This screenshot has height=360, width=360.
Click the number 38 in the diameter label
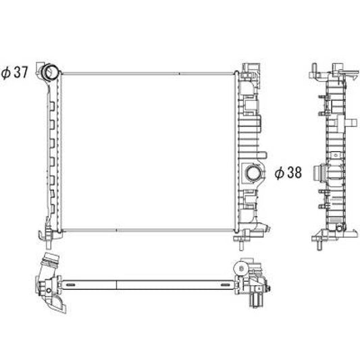(x=292, y=173)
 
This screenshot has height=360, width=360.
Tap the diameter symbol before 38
(x=278, y=173)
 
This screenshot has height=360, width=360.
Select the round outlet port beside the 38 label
(x=254, y=173)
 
